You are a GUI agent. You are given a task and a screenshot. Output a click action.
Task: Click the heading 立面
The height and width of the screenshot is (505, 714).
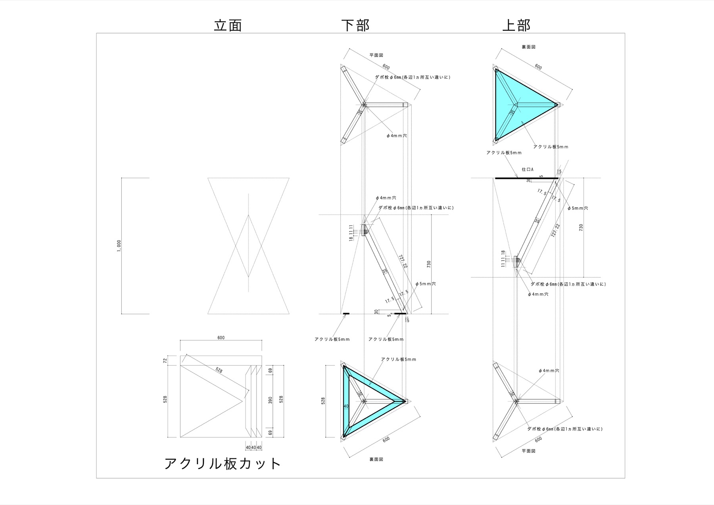click(228, 25)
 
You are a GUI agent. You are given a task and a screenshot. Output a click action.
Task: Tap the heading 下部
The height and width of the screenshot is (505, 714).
click(355, 25)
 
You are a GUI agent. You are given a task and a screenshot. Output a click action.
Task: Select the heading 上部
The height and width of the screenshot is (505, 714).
click(516, 25)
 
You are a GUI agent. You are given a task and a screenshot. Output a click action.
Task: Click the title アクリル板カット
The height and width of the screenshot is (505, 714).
click(223, 463)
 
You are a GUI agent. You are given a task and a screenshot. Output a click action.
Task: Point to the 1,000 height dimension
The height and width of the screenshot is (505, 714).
click(119, 246)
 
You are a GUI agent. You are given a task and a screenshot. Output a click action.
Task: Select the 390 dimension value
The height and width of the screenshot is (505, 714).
click(271, 400)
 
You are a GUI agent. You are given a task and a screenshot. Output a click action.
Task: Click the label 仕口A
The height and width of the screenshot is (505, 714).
click(528, 169)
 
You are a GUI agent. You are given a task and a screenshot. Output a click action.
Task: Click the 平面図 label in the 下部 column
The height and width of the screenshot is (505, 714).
click(376, 56)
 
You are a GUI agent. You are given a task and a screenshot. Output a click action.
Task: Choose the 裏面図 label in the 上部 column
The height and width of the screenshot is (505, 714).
click(529, 47)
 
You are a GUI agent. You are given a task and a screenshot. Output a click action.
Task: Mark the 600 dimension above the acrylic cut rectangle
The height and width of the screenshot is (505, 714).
click(221, 338)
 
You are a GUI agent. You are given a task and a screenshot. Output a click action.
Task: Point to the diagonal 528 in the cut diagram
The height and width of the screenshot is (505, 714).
click(219, 371)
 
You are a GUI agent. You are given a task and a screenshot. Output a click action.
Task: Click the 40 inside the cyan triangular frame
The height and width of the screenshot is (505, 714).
click(346, 406)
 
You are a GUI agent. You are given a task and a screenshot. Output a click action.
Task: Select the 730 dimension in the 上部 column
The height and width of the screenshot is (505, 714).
click(581, 227)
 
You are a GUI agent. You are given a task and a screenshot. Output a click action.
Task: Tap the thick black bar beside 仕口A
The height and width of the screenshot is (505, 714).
click(527, 179)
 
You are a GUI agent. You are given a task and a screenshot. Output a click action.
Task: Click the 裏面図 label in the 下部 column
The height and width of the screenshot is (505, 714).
click(376, 459)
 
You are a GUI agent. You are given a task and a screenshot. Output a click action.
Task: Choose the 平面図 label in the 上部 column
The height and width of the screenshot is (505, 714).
click(529, 451)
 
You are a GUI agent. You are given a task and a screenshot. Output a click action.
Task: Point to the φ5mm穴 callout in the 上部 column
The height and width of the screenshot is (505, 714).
click(578, 208)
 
